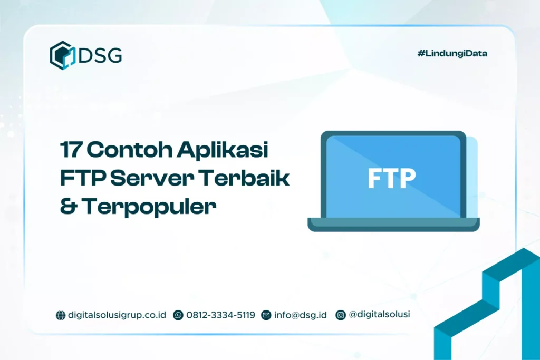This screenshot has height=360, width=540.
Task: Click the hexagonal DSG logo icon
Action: click(63, 55)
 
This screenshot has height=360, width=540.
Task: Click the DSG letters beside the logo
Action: click(100, 55)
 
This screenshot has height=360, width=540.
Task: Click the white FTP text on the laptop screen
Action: click(391, 178)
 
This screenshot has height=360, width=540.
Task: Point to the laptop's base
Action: click(393, 225)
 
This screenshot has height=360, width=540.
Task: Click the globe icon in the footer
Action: click(61, 315)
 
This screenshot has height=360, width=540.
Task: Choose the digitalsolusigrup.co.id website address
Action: click(117, 315)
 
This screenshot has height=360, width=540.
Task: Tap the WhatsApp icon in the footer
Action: click(178, 315)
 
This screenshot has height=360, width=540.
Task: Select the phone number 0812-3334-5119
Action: click(220, 315)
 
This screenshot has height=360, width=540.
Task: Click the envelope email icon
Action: click(266, 315)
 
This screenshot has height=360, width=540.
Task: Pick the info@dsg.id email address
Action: click(300, 315)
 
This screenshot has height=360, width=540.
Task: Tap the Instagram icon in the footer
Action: click(341, 315)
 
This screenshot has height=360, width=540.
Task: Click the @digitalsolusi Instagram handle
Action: click(379, 315)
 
